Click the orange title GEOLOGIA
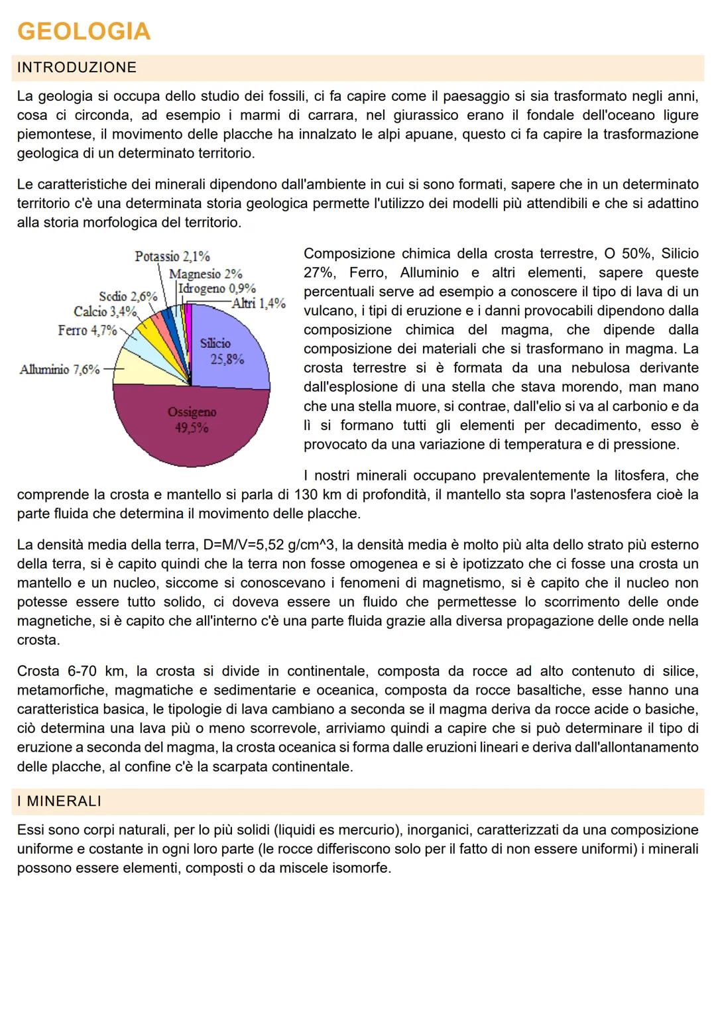click(x=84, y=32)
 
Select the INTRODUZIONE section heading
click(x=77, y=68)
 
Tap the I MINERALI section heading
click(x=60, y=801)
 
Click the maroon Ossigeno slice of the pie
click(x=191, y=424)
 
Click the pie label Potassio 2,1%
click(x=172, y=256)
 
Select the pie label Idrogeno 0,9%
click(x=217, y=289)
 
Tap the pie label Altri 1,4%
click(x=259, y=304)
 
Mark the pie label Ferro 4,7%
click(x=88, y=330)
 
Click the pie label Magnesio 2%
click(x=206, y=274)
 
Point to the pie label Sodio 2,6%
click(x=129, y=296)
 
